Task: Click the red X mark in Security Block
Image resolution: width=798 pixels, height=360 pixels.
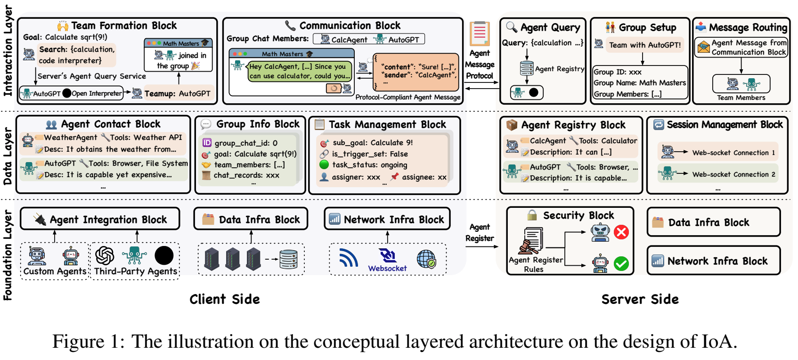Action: pyautogui.click(x=621, y=232)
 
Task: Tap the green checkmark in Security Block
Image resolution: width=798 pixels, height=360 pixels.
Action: pyautogui.click(x=621, y=263)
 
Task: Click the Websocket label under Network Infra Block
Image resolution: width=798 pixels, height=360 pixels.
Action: pyautogui.click(x=387, y=269)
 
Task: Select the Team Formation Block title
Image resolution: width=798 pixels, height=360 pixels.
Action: pyautogui.click(x=123, y=25)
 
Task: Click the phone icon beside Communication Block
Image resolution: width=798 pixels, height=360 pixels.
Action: pyautogui.click(x=290, y=25)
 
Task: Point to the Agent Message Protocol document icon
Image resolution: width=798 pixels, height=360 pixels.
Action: pyautogui.click(x=480, y=34)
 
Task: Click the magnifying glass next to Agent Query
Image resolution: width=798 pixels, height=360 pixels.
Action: pyautogui.click(x=511, y=27)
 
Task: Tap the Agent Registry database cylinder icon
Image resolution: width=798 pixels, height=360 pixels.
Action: pyautogui.click(x=527, y=68)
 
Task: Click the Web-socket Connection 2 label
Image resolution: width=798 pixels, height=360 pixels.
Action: pyautogui.click(x=733, y=174)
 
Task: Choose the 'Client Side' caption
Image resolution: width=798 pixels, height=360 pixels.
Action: pyautogui.click(x=225, y=299)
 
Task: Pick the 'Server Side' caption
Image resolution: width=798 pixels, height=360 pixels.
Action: pyautogui.click(x=640, y=299)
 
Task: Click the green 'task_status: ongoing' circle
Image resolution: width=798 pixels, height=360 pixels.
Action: pyautogui.click(x=324, y=164)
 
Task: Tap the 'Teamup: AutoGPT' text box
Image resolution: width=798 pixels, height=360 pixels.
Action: pyautogui.click(x=177, y=93)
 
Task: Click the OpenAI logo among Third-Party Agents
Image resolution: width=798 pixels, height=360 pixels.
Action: pyautogui.click(x=105, y=256)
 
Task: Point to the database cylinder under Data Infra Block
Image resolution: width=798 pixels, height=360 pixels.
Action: pyautogui.click(x=288, y=259)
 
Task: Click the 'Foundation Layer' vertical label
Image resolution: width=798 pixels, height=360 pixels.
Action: pyautogui.click(x=8, y=255)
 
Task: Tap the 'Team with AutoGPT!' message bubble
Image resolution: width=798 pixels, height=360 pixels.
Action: pyautogui.click(x=644, y=45)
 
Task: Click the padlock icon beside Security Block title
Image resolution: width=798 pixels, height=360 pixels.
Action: pyautogui.click(x=532, y=215)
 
